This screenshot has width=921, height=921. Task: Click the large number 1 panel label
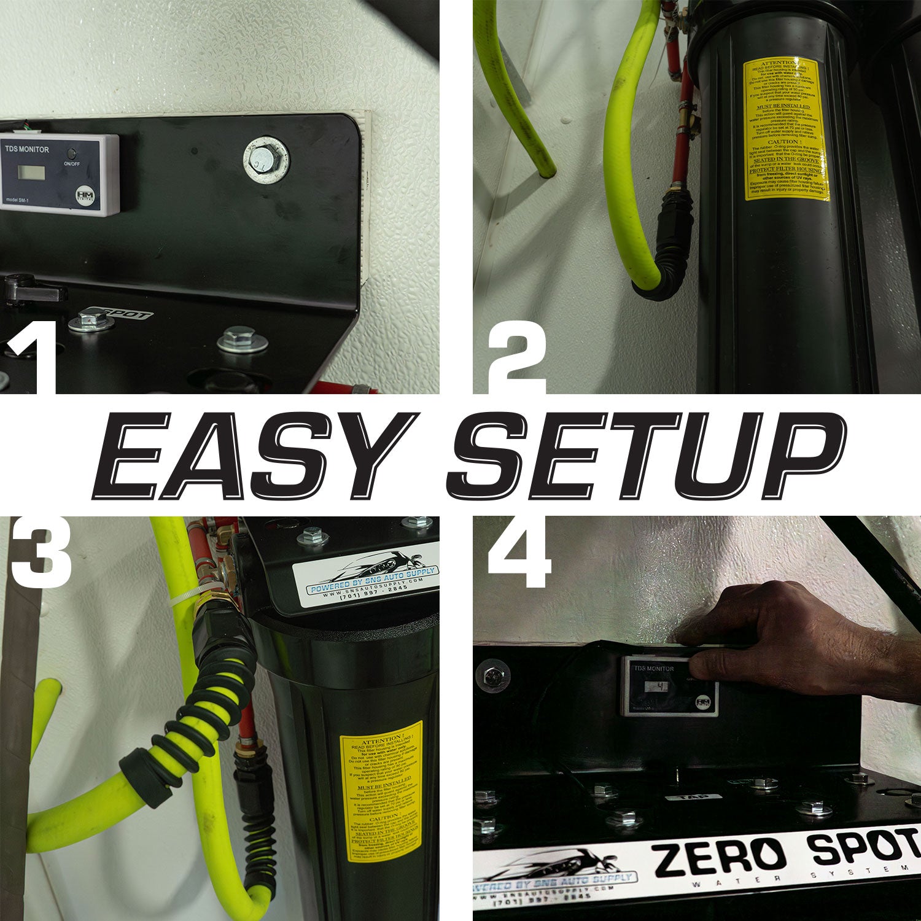(x=32, y=362)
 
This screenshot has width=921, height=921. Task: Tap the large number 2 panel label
(x=517, y=362)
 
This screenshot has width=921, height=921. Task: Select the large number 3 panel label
(x=40, y=553)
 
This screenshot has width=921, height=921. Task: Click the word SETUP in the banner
(x=645, y=456)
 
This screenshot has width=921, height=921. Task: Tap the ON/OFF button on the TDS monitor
(x=72, y=153)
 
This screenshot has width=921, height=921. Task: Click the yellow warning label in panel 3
(x=381, y=792)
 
